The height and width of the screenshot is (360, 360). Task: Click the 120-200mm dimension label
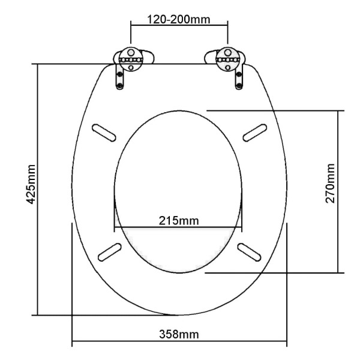[x=178, y=20]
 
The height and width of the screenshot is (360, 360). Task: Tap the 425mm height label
[x=31, y=184]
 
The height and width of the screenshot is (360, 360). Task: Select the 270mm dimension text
[x=330, y=183]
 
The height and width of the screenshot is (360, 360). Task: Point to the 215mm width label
[x=179, y=221]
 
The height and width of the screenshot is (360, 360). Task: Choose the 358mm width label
[x=179, y=334]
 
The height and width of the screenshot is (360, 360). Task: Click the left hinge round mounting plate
[x=131, y=59]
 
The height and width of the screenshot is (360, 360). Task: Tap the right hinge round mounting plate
[x=228, y=59]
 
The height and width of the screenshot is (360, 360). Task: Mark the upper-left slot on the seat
[x=104, y=133]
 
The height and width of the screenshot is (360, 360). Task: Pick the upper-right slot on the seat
[x=255, y=133]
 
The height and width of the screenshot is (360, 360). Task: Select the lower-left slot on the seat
[x=110, y=252]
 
